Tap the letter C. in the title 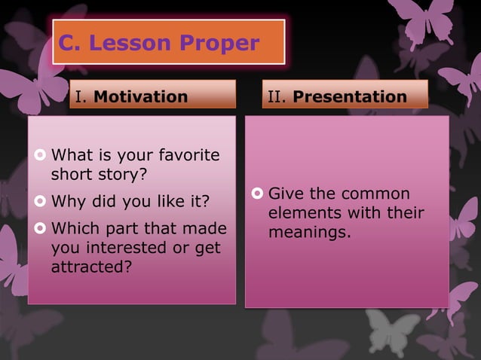pyautogui.click(x=71, y=44)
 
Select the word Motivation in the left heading pyautogui.click(x=140, y=96)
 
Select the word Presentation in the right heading pyautogui.click(x=349, y=96)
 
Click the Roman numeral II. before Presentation pyautogui.click(x=278, y=96)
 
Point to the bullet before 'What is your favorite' pyautogui.click(x=40, y=156)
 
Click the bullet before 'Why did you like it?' pyautogui.click(x=40, y=202)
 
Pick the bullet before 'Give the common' pyautogui.click(x=256, y=194)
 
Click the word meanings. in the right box pyautogui.click(x=310, y=232)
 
